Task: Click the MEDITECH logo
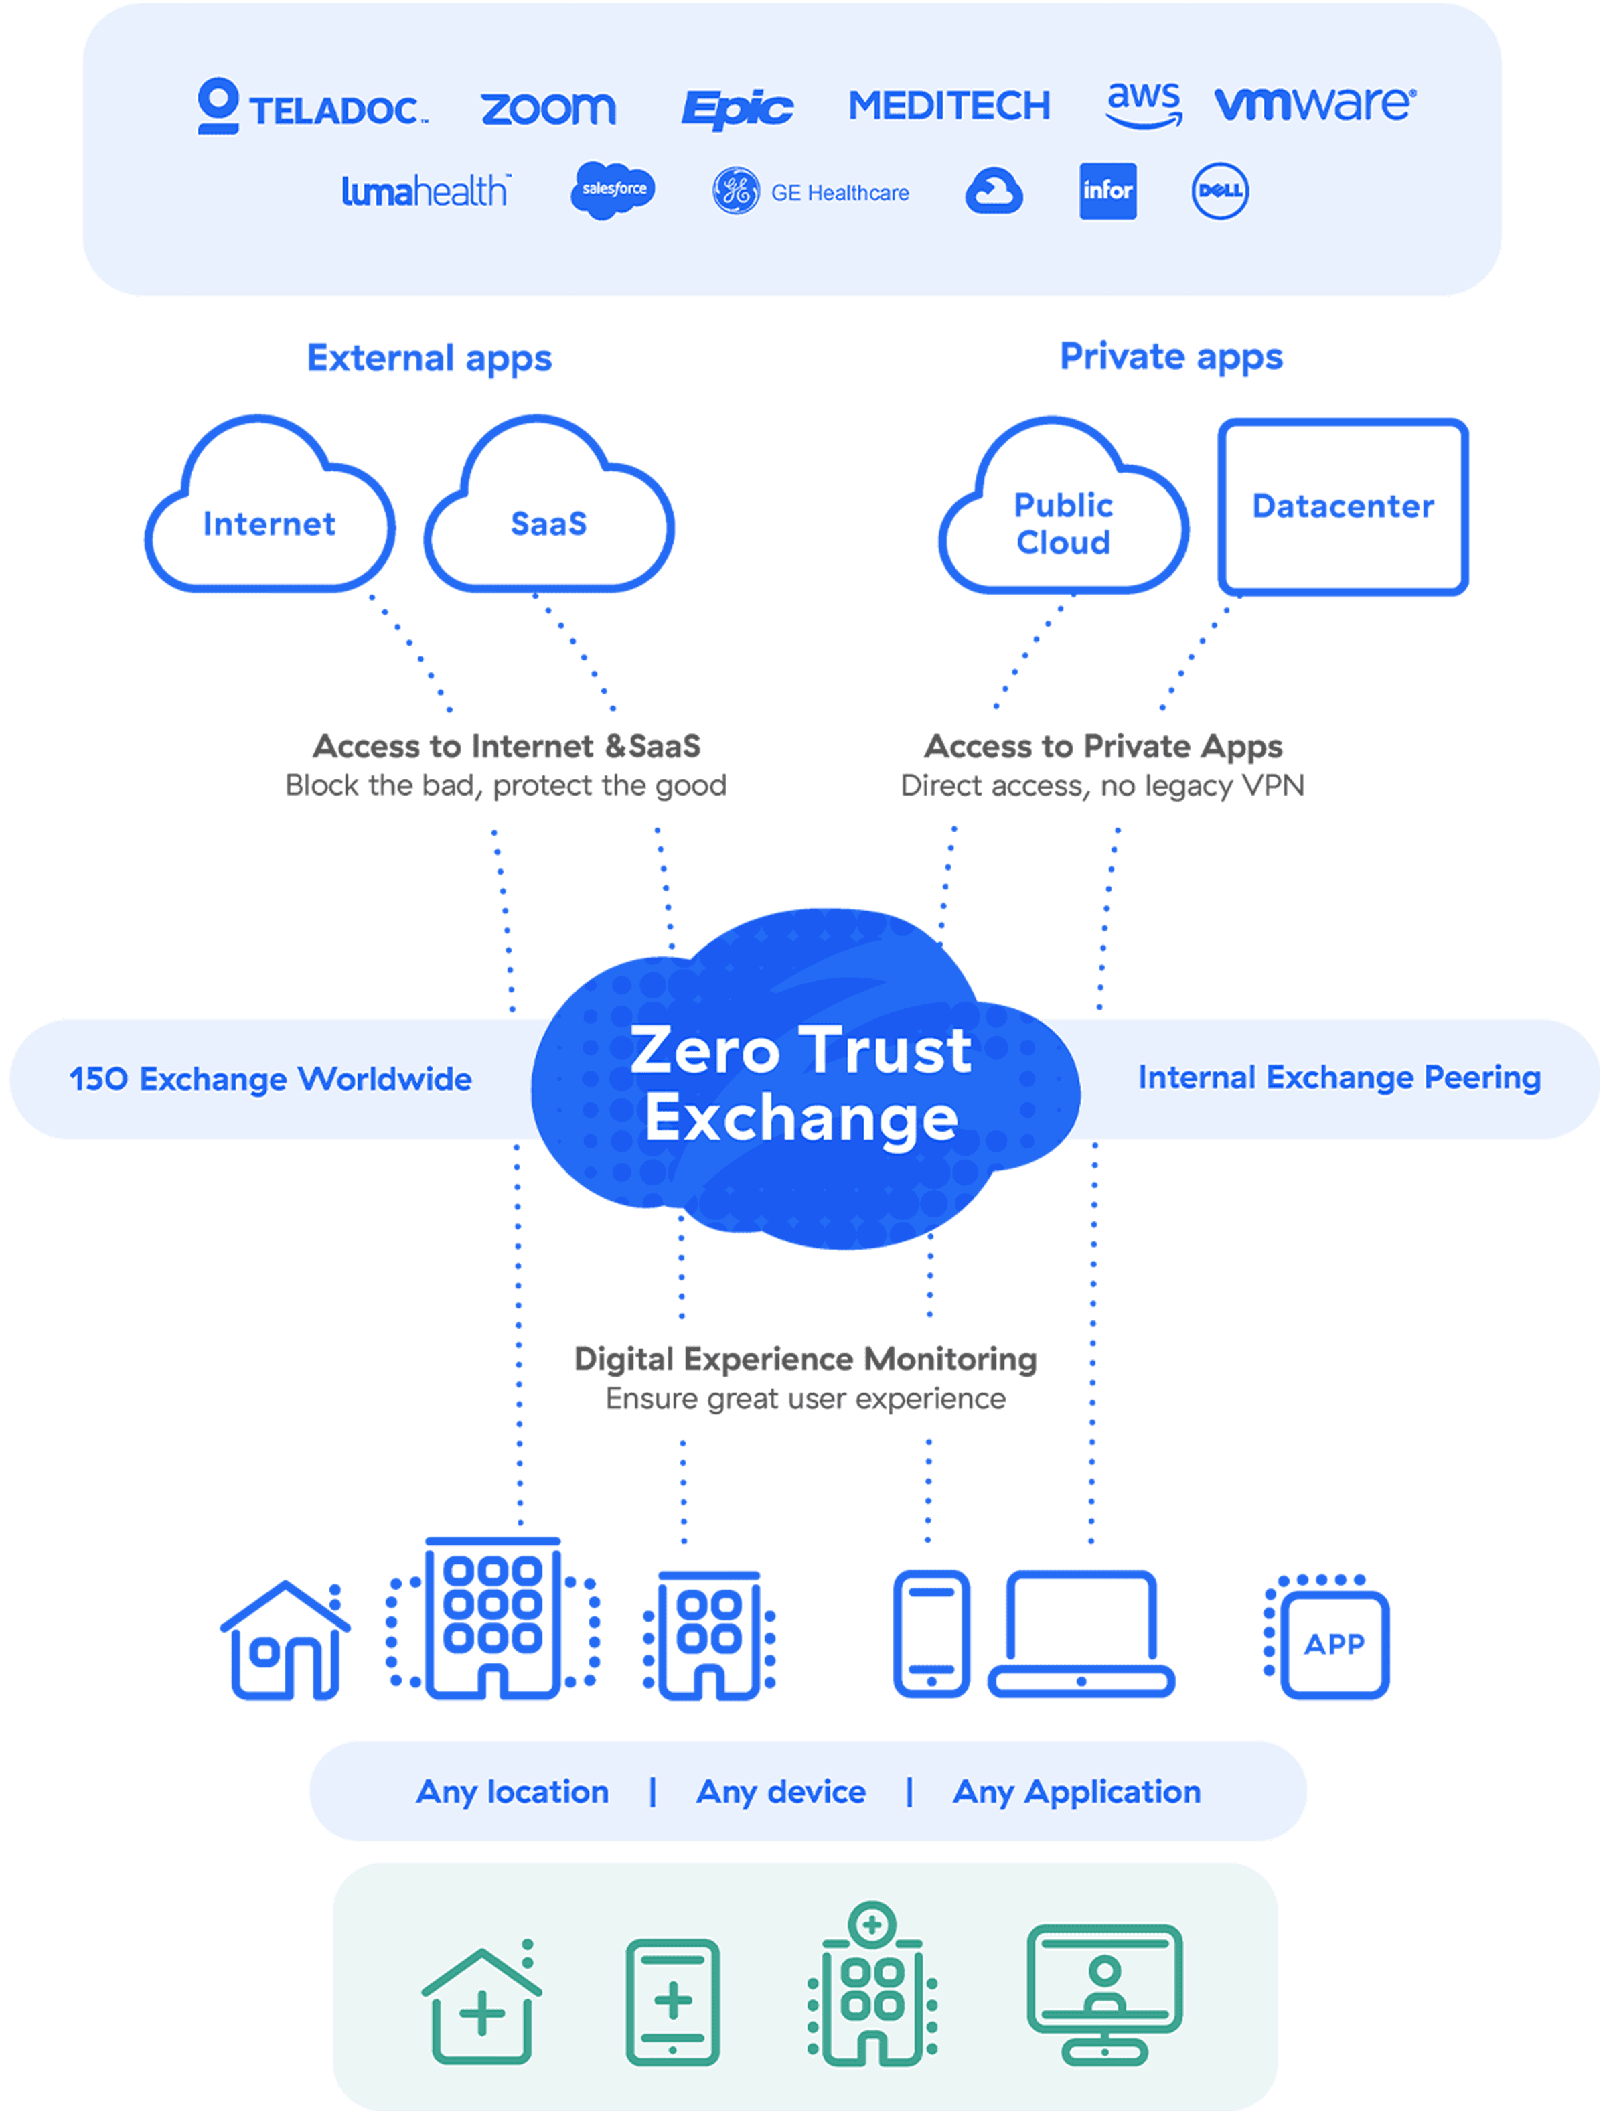(x=949, y=105)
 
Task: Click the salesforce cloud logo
(x=613, y=190)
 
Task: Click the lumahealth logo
(x=426, y=192)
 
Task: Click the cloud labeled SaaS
(x=548, y=523)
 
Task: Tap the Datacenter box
(x=1342, y=507)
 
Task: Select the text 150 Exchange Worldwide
(x=270, y=1079)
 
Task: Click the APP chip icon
(x=1333, y=1643)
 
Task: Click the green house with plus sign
(x=481, y=2007)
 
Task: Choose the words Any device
(x=781, y=1791)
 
